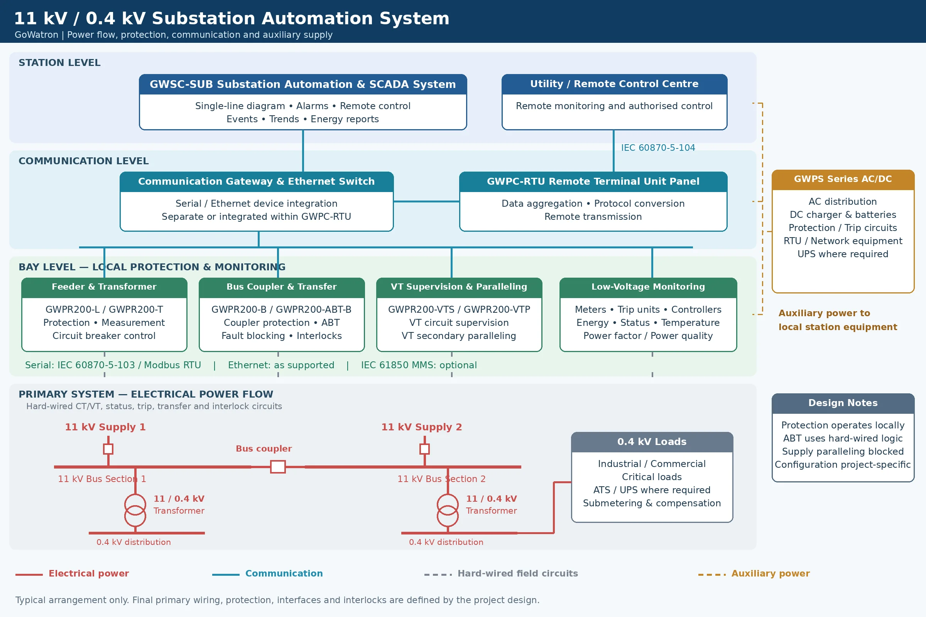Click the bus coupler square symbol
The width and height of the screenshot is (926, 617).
click(277, 467)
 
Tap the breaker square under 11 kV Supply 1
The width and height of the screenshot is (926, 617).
click(108, 449)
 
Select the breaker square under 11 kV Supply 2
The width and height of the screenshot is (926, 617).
click(424, 449)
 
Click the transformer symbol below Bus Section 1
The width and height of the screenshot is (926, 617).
click(135, 510)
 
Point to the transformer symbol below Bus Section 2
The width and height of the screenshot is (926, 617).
click(448, 510)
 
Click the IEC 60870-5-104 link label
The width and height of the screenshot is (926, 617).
click(658, 148)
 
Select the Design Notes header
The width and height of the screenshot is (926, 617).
click(843, 403)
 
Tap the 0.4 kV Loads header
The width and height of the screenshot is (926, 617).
click(652, 442)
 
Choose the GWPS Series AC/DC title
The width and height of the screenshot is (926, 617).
click(843, 179)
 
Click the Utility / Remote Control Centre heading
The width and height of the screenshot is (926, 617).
click(614, 84)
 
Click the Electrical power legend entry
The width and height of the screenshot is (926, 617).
click(73, 574)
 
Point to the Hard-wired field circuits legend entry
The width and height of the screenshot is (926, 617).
click(501, 574)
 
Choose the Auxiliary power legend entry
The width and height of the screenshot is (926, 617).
click(754, 574)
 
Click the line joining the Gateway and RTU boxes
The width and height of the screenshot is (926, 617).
click(426, 201)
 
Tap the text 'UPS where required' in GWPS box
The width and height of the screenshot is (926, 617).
click(843, 254)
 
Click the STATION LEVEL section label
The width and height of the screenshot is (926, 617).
click(59, 63)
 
